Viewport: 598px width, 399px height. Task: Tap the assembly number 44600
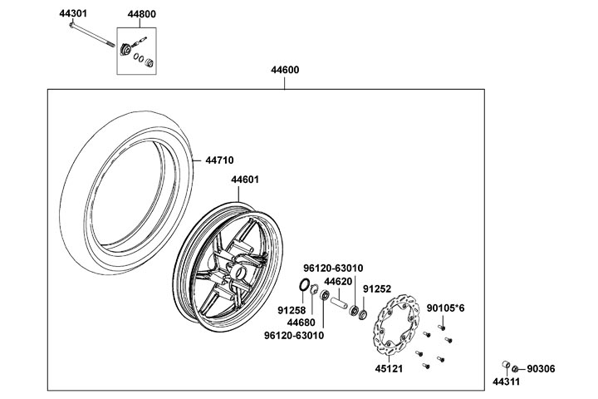click(285, 71)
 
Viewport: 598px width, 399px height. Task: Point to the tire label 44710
click(219, 160)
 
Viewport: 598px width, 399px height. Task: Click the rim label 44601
click(245, 180)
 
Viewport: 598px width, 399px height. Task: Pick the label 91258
click(291, 309)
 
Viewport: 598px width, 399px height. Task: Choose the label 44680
click(301, 322)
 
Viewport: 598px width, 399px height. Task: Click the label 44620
click(338, 281)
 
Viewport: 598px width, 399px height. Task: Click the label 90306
click(542, 368)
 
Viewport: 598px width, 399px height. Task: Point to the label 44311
click(506, 382)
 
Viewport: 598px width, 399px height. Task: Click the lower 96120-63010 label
click(295, 335)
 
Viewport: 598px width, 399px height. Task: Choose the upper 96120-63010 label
click(335, 268)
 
